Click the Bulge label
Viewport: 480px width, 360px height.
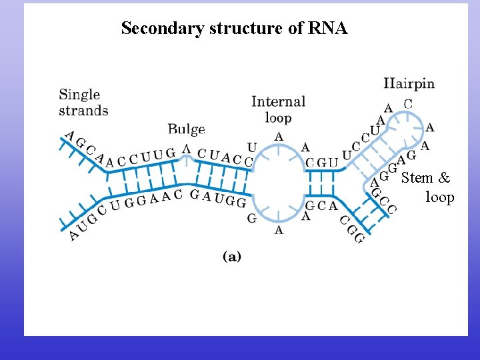(186, 129)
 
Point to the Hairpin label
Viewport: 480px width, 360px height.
(409, 84)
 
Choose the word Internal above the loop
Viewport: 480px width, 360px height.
(278, 102)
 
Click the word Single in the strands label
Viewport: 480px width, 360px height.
(79, 95)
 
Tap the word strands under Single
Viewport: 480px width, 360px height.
(83, 110)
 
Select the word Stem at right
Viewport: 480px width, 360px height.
(417, 178)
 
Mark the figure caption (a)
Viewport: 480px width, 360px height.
(231, 257)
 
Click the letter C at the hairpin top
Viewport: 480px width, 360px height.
(408, 104)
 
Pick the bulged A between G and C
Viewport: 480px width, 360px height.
(187, 149)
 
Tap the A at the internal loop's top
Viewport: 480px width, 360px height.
(279, 137)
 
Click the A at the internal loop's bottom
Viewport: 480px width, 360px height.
(279, 230)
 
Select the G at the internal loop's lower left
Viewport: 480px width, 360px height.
(251, 218)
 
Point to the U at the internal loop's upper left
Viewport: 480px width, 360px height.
(251, 147)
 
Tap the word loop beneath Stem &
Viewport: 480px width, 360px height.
(439, 197)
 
